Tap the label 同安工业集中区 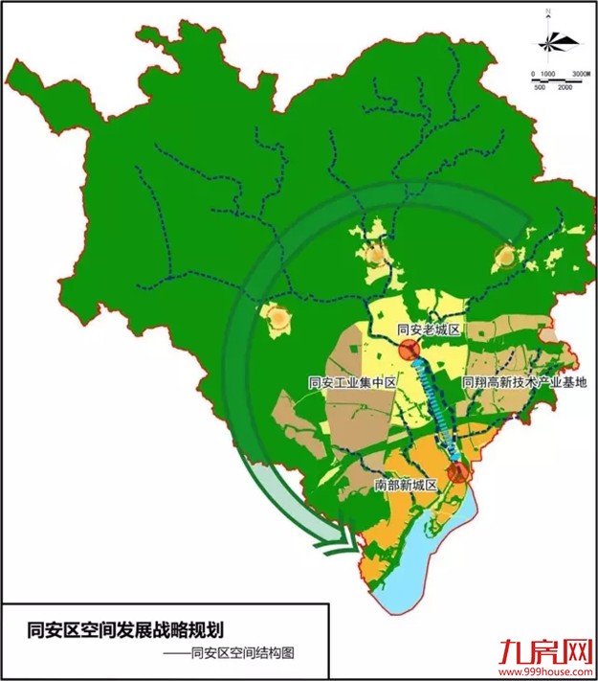point(352,382)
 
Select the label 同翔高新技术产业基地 point(523,382)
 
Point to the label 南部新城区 point(406,486)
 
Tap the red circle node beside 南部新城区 point(456,471)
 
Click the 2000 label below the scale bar point(565,88)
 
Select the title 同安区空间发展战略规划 point(125,629)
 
